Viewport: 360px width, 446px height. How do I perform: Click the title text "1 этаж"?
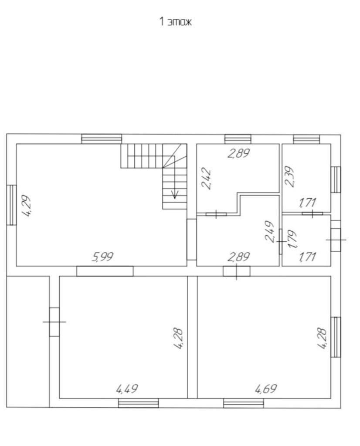(x=175, y=22)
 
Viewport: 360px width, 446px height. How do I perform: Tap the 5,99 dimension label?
(x=103, y=257)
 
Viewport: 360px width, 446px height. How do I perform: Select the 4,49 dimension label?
(x=127, y=389)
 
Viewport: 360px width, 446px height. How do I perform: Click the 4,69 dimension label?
(x=266, y=389)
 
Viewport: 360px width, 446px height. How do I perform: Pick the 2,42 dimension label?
(x=206, y=179)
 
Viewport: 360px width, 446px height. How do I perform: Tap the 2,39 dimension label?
(x=289, y=176)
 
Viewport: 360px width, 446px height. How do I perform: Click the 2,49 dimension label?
(x=269, y=232)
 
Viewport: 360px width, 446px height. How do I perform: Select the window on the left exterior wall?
(x=11, y=205)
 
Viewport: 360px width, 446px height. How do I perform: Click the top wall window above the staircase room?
(x=102, y=139)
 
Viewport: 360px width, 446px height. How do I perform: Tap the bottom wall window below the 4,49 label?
(x=138, y=403)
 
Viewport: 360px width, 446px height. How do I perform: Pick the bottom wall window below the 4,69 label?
(x=244, y=403)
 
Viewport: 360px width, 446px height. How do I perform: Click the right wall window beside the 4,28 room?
(x=336, y=337)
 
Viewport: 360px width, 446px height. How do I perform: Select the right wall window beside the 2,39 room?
(x=336, y=179)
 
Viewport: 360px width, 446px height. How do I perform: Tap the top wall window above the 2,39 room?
(x=306, y=139)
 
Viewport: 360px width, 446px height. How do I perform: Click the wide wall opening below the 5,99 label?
(x=105, y=271)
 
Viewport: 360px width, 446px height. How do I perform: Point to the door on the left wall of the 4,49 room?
(x=54, y=322)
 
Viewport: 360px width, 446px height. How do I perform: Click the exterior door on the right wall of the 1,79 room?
(x=336, y=240)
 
